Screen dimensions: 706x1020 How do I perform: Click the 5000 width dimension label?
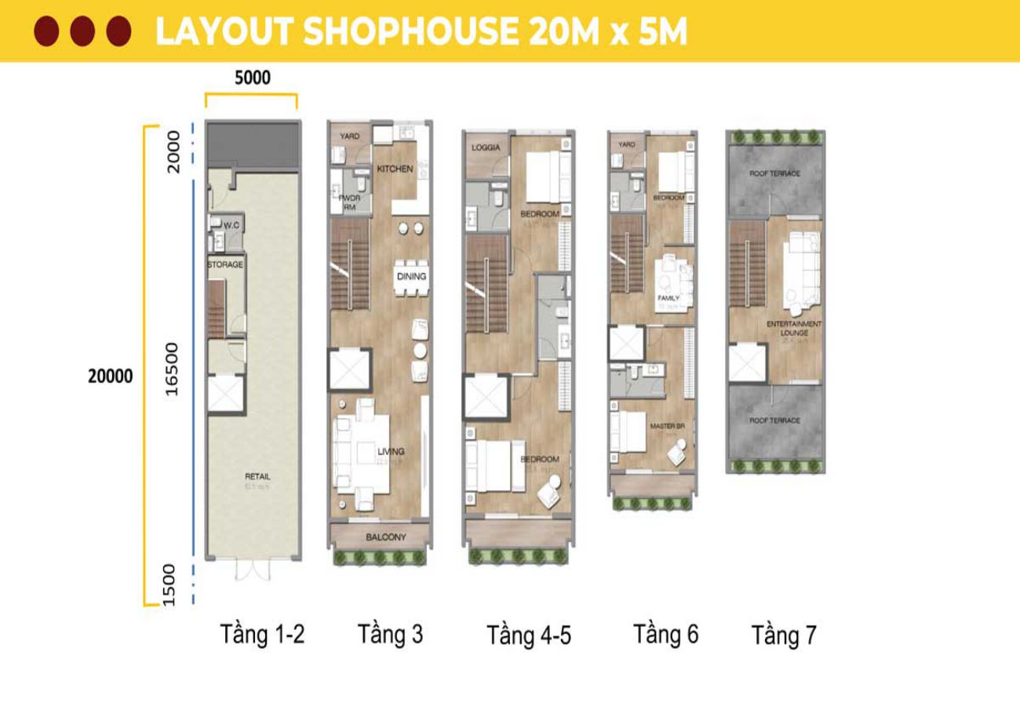[252, 78]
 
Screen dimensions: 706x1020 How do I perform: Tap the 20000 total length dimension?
[110, 377]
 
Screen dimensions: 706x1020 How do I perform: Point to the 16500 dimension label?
[173, 368]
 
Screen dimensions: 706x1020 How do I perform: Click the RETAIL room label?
[258, 476]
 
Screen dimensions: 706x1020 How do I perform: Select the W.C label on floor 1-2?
[231, 226]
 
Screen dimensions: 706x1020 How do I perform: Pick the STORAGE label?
[225, 265]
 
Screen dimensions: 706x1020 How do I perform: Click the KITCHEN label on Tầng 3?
[395, 169]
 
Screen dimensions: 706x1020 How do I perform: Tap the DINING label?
[411, 276]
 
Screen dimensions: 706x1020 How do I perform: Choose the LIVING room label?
[391, 451]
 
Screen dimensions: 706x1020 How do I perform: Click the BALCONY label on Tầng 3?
[386, 537]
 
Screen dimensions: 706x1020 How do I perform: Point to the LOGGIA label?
[486, 148]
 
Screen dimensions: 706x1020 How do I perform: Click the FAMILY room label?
[668, 298]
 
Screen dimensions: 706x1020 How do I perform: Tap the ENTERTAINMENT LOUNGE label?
[795, 328]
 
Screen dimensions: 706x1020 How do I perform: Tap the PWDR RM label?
[348, 203]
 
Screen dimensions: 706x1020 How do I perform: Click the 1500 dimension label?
[173, 584]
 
